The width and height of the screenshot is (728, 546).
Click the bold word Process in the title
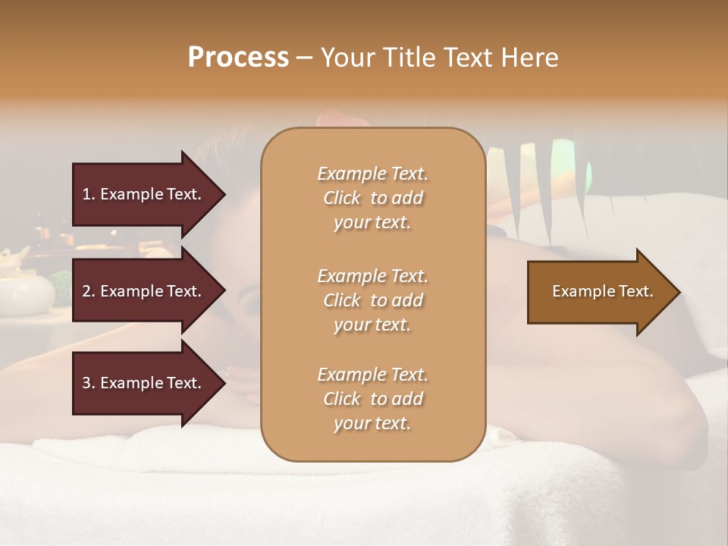tap(238, 58)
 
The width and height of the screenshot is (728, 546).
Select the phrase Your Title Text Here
tap(439, 58)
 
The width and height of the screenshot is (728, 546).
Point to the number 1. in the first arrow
tap(89, 194)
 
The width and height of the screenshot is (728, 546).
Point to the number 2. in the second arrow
tap(89, 291)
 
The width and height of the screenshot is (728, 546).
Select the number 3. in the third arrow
tap(89, 383)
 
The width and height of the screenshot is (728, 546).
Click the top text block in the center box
tap(372, 198)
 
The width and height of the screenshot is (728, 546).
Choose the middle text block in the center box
tap(372, 300)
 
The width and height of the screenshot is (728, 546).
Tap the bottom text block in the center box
tap(372, 399)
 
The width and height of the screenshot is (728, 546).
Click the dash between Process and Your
tap(304, 58)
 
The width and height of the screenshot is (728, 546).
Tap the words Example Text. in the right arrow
tap(603, 291)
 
